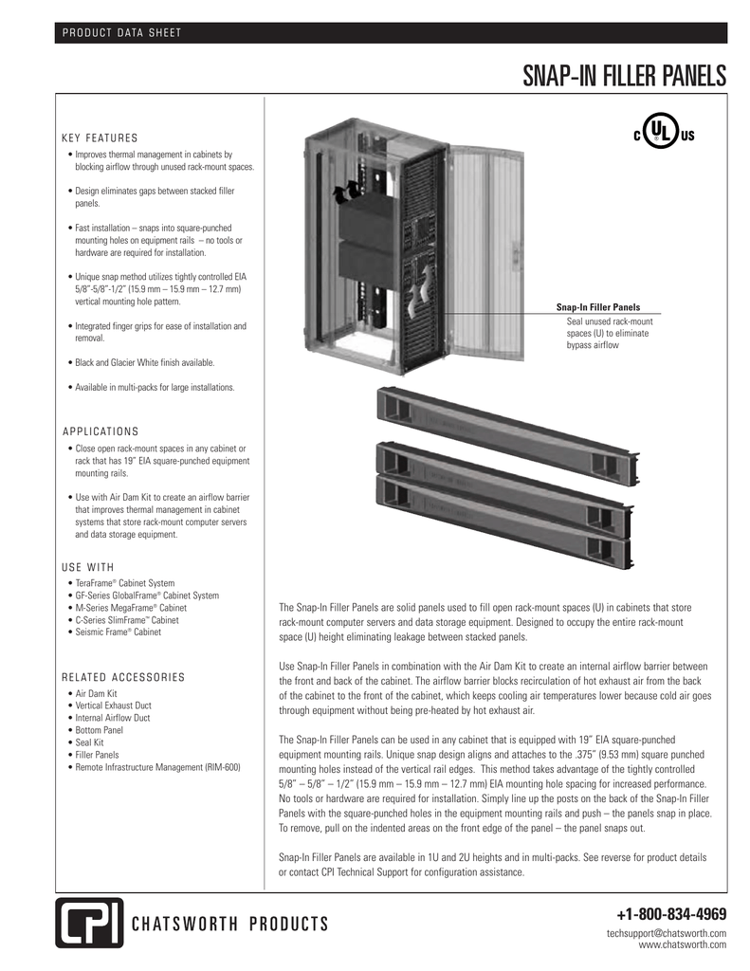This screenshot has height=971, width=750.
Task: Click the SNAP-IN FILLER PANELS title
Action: click(x=623, y=75)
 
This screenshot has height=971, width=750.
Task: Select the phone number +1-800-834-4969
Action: click(x=670, y=915)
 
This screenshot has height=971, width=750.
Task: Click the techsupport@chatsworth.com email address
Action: click(x=667, y=934)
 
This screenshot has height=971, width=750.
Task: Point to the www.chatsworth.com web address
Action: click(x=683, y=945)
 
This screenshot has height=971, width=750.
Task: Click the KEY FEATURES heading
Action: click(x=100, y=137)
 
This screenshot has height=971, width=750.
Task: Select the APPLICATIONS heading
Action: click(x=101, y=431)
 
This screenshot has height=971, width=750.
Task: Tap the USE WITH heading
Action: click(x=87, y=567)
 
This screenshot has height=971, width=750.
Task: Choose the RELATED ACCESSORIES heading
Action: click(x=123, y=677)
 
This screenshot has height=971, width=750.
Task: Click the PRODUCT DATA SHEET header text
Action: click(x=121, y=35)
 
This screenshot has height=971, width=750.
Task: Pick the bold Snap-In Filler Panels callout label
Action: click(x=597, y=307)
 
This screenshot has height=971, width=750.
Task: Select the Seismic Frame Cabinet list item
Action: click(x=118, y=632)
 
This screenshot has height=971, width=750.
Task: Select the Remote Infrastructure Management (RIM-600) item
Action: click(x=157, y=767)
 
